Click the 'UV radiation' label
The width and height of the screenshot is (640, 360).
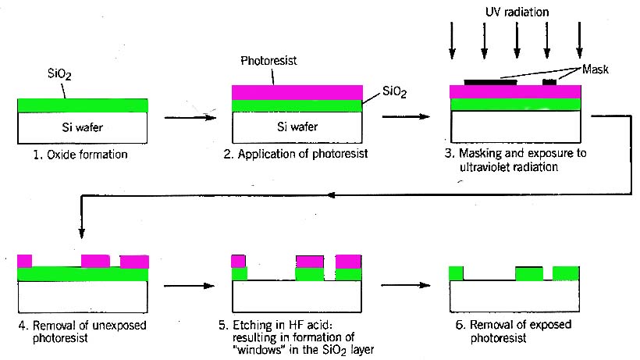[x=516, y=13]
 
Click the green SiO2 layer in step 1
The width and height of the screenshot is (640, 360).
[x=82, y=105]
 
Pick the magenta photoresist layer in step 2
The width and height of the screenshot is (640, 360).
[x=297, y=92]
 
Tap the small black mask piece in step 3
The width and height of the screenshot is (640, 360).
[x=549, y=81]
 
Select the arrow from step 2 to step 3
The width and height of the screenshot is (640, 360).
[x=407, y=118]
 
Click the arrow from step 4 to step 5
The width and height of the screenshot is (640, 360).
[x=188, y=287]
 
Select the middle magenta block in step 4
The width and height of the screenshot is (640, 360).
[x=96, y=261]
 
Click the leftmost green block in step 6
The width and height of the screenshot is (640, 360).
[x=456, y=273]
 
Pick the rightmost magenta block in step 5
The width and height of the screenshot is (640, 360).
[x=348, y=261]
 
